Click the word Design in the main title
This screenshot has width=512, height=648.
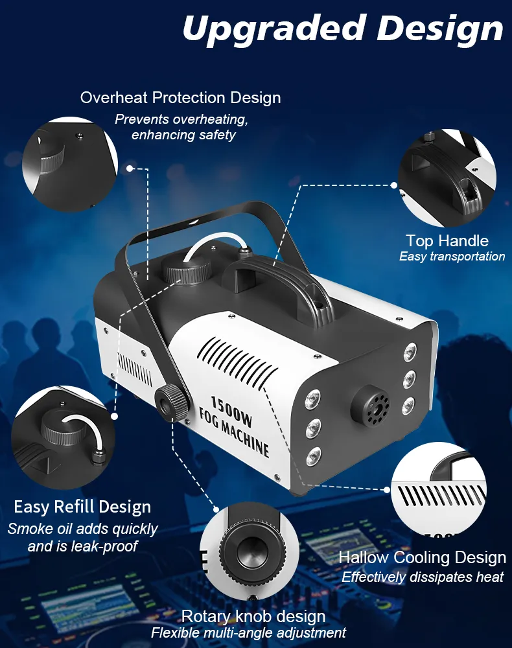[440, 28]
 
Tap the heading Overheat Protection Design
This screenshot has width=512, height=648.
[181, 98]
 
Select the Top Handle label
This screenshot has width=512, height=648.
[447, 240]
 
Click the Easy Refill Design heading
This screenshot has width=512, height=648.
[82, 507]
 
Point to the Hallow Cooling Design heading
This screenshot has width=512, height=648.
[423, 557]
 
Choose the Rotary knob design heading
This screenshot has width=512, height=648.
[253, 617]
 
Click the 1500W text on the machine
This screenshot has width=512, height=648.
[231, 411]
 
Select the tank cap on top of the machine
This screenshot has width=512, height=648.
[189, 269]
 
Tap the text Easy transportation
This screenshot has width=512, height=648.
[452, 257]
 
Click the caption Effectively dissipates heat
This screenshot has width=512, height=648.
[423, 577]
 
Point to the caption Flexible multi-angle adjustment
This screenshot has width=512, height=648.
[248, 632]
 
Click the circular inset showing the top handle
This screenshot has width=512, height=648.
[448, 178]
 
